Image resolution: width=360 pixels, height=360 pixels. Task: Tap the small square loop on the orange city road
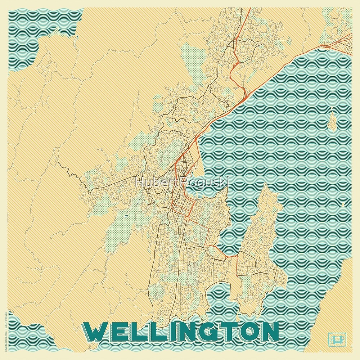187,218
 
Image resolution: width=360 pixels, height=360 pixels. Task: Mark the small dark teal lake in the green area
126,216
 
